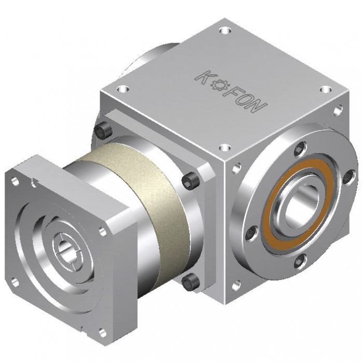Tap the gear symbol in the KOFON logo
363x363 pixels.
219,85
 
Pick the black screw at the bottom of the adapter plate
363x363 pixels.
190,282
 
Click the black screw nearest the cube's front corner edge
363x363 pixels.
190,181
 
